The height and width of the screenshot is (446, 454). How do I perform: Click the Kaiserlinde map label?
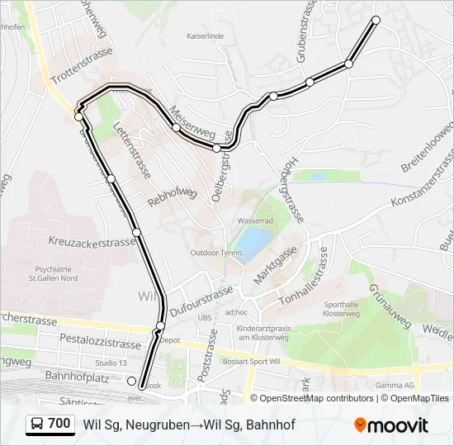(x=206, y=36)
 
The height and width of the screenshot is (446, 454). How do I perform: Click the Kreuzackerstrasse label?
(x=92, y=242)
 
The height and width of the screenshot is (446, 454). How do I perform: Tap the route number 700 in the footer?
(x=59, y=424)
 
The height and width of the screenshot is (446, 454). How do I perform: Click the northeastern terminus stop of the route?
(x=376, y=19)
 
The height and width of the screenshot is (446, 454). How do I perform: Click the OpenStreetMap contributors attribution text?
(x=317, y=398)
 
